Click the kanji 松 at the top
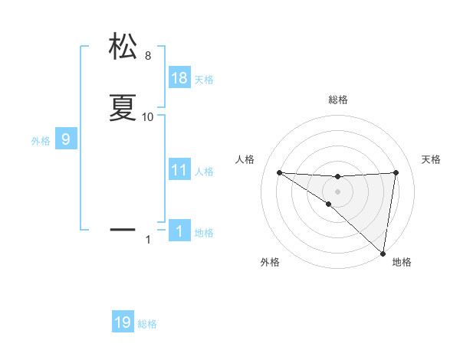123,47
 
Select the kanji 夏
123,108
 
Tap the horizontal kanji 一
123,228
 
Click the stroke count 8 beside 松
148,56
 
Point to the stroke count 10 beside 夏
148,116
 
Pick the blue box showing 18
179,78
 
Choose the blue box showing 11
179,170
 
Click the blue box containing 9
66,139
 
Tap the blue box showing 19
123,322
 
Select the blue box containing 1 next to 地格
179,231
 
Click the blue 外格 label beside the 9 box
41,141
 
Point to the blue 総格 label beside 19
147,324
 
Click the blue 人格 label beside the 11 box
204,172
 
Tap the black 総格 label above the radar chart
338,100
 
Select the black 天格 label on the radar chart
432,159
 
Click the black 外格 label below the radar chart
269,262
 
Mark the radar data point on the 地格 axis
383,253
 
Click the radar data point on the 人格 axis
279,172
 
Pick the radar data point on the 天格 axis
396,172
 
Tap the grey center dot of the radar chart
337,190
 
